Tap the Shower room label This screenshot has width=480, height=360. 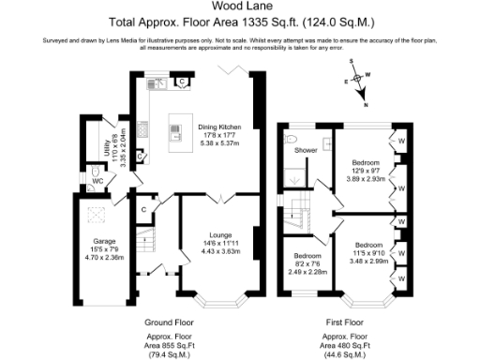coord(306,150)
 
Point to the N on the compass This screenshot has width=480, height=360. coord(366,104)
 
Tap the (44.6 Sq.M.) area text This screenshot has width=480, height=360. coord(345,355)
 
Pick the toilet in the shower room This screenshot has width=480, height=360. coord(292,142)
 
